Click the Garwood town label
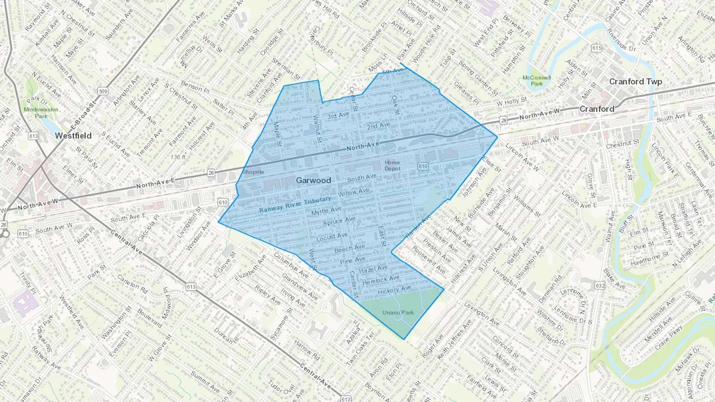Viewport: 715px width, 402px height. pos(313,180)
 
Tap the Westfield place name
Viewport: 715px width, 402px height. pos(73,136)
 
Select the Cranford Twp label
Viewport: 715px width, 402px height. pos(636,82)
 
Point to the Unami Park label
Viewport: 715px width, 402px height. pos(398,313)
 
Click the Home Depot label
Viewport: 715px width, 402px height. pos(392,165)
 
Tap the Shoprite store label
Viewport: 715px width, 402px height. pos(253,172)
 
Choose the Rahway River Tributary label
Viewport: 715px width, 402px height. pos(295,205)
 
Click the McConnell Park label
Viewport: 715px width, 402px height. pos(537,81)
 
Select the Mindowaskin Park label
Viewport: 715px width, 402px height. pos(41,113)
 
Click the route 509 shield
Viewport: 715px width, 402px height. pos(103,92)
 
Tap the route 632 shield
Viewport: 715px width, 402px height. pos(600,285)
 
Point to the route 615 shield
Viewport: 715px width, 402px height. pos(596,48)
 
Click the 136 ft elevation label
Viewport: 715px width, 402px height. pos(178,157)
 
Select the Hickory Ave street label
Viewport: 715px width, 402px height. pos(394,290)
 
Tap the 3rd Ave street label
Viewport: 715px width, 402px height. pos(338,115)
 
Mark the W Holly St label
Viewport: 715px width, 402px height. pos(512,102)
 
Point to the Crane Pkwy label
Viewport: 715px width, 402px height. pos(669,338)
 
